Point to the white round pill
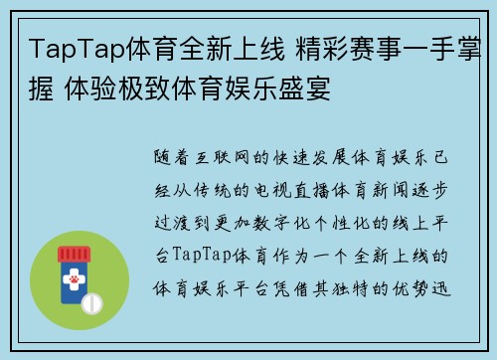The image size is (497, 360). [x=90, y=301]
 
